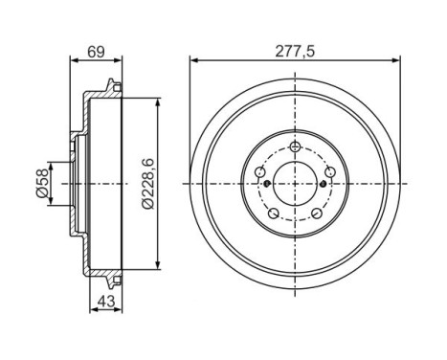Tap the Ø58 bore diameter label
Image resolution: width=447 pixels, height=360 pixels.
[x=41, y=181]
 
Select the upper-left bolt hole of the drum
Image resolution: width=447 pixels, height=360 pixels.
[x=261, y=171]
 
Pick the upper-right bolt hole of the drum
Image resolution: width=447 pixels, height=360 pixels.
[x=328, y=171]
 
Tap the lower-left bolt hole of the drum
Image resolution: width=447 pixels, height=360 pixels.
[x=274, y=213]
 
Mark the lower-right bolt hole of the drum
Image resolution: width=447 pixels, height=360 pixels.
[x=316, y=213]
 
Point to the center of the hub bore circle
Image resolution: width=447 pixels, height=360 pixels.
[x=295, y=182]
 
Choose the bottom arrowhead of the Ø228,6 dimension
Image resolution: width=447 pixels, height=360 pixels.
[x=155, y=269]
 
